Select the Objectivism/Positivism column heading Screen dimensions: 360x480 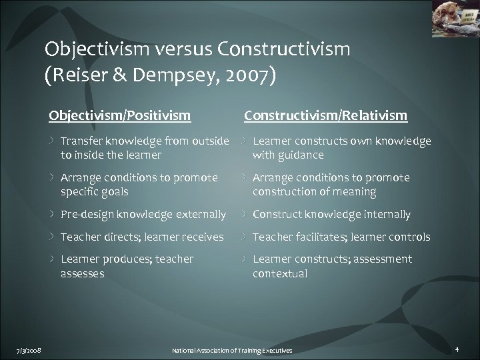[x=120, y=116]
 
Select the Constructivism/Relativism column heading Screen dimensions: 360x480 [x=325, y=116]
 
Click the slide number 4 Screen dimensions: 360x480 [x=457, y=349]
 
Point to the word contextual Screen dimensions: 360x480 [x=280, y=273]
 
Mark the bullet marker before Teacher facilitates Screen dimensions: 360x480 [x=244, y=237]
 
